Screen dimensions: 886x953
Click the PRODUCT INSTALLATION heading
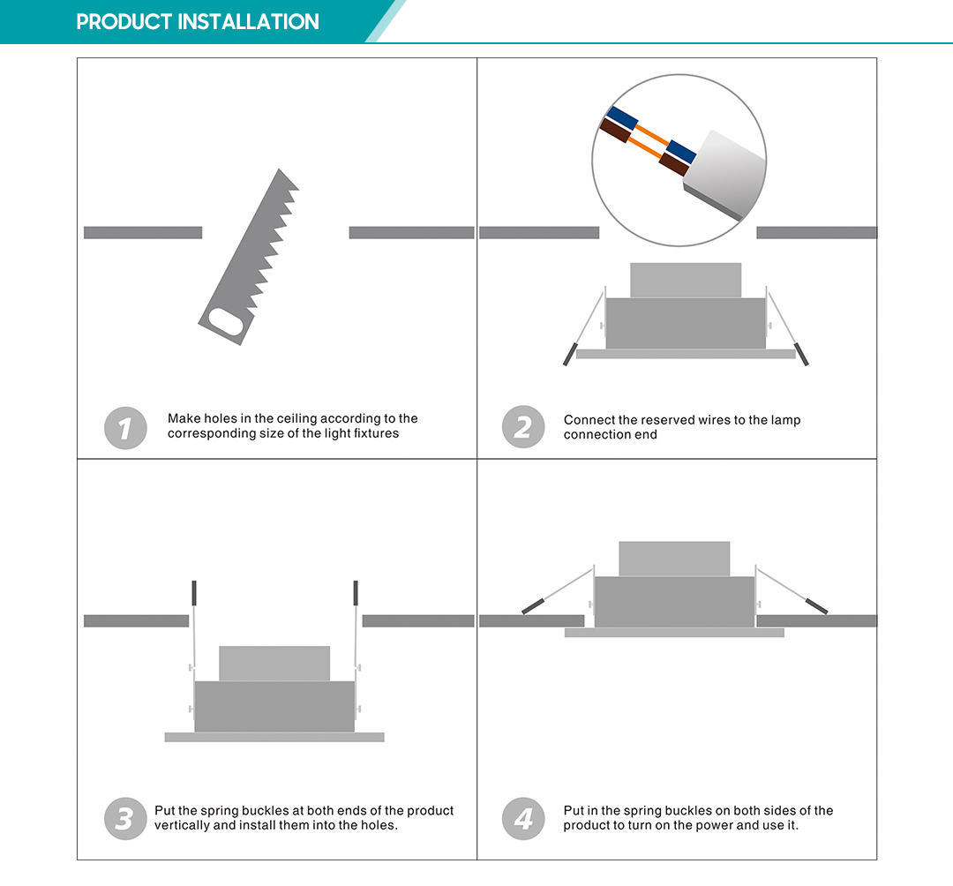point(198,22)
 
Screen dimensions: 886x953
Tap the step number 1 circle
point(125,428)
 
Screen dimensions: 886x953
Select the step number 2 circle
point(523,428)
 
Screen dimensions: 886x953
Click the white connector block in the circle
point(724,173)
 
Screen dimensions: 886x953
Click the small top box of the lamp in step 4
point(674,559)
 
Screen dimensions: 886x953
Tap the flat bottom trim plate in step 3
point(274,737)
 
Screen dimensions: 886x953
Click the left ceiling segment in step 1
point(143,233)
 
